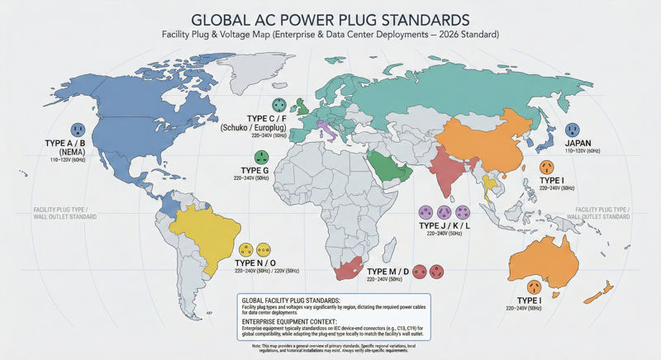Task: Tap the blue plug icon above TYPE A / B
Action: pos(78,130)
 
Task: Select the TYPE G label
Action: pos(261,171)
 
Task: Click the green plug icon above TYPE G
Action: pos(261,155)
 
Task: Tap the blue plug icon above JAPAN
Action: pos(570,129)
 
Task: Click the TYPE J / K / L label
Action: pos(441,225)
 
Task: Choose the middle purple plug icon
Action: pos(443,211)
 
